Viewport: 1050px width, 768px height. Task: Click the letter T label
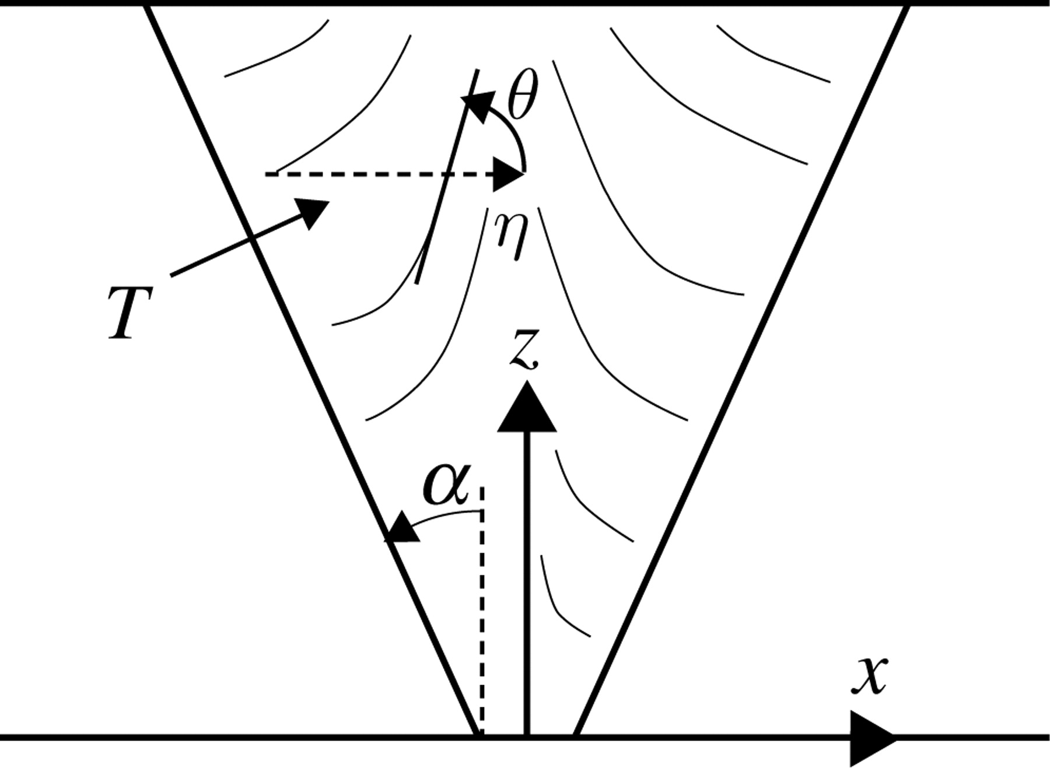tap(129, 313)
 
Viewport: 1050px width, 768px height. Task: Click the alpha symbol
tap(446, 485)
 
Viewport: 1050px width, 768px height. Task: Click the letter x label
tap(870, 675)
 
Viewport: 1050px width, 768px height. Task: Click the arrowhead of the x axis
tap(870, 738)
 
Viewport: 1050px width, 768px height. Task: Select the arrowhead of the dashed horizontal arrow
tap(506, 174)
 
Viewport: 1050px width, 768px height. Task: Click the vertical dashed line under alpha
tap(482, 612)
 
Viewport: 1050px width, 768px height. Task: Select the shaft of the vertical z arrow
tap(527, 583)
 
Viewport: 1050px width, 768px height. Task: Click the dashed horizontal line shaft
tap(379, 174)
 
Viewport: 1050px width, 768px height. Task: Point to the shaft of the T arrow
tap(233, 246)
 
